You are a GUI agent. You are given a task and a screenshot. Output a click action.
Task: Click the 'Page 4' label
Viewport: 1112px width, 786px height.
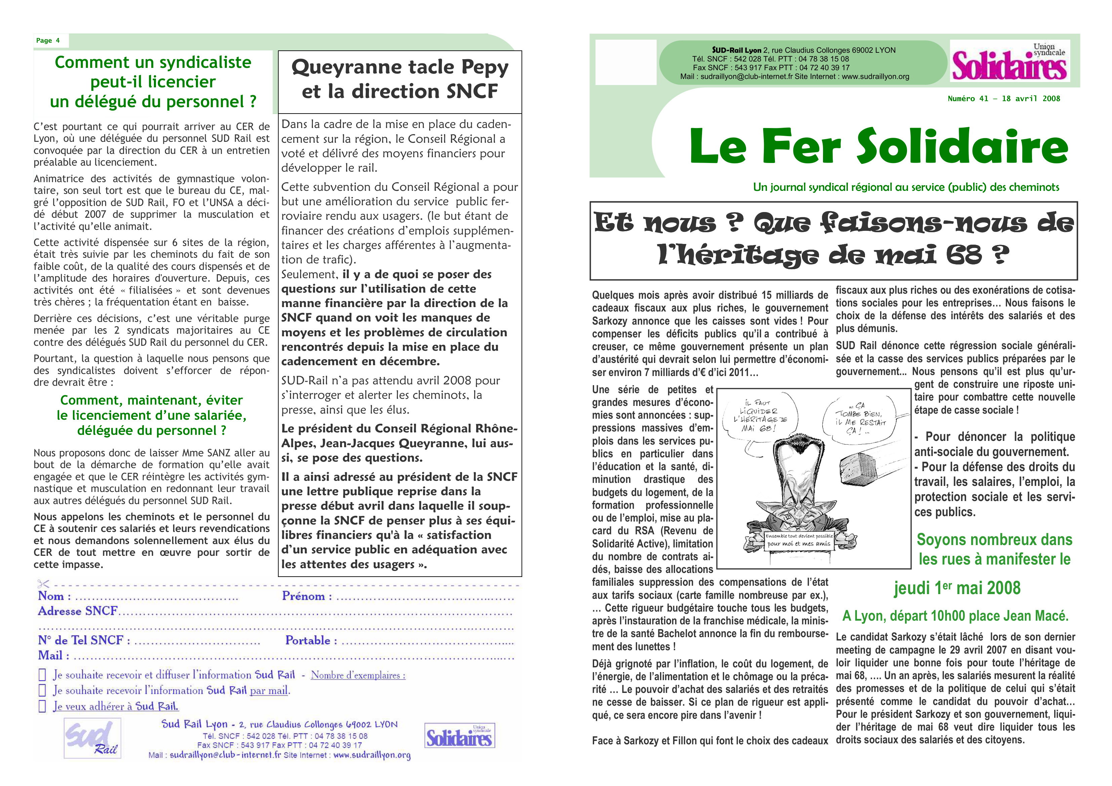(48, 41)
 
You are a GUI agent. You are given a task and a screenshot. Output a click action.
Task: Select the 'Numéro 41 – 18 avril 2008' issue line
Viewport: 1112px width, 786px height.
(1003, 99)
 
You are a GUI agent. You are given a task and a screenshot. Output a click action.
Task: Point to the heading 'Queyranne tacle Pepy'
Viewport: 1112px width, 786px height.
(400, 67)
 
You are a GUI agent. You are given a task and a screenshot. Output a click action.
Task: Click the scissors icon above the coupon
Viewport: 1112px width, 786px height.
(43, 584)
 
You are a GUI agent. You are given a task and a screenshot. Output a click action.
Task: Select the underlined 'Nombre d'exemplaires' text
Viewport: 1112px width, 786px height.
(358, 675)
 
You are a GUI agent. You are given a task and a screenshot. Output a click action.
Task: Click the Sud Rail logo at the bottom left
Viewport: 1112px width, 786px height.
(92, 738)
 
